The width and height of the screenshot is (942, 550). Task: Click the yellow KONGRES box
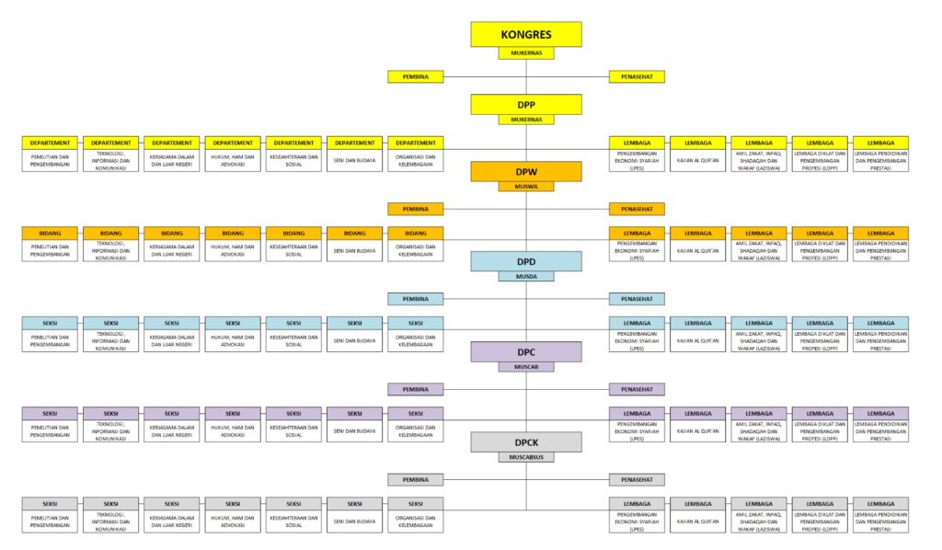coord(526,35)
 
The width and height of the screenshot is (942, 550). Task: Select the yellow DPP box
coord(526,104)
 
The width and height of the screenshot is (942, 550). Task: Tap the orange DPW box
coord(526,172)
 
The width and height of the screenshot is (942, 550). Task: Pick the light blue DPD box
coord(526,261)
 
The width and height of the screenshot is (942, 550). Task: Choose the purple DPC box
coord(526,351)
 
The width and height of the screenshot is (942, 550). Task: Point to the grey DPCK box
coord(526,441)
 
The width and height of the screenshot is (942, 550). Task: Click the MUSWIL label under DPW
coord(526,187)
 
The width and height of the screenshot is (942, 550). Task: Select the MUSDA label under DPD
coord(526,276)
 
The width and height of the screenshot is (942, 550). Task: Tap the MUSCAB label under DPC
coord(526,366)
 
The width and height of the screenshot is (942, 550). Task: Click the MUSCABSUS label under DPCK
coord(526,456)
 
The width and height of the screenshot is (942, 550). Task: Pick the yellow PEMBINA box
coord(416,76)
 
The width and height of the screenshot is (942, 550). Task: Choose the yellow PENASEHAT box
coord(637,76)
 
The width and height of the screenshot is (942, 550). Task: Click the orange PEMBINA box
coord(416,209)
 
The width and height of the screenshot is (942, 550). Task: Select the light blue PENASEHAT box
coord(637,299)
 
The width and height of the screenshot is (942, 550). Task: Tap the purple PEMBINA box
coord(416,389)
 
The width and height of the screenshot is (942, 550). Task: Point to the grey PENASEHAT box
coord(637,479)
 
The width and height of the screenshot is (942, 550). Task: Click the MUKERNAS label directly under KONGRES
coord(526,53)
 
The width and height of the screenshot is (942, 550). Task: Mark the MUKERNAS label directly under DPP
coord(526,120)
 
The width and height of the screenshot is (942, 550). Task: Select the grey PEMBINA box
coord(416,479)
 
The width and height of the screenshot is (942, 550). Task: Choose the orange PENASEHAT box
coord(637,209)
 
